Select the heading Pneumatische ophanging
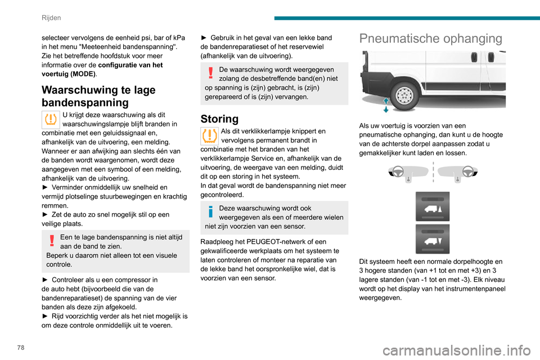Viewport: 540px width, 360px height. click(431, 38)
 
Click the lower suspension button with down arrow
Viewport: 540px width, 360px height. click(433, 238)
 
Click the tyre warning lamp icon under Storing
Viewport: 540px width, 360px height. click(209, 136)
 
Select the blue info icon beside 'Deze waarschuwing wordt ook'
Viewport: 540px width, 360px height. click(209, 212)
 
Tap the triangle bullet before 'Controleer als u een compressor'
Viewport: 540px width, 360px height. click(46, 280)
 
